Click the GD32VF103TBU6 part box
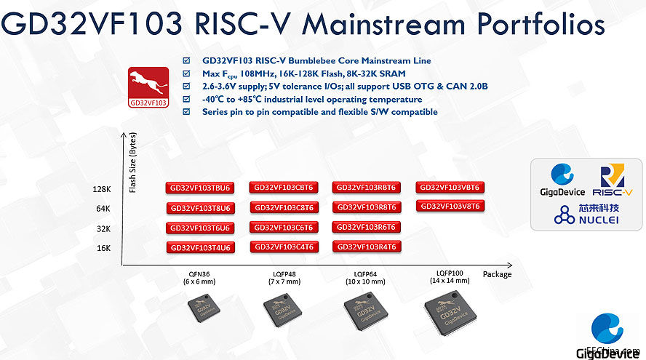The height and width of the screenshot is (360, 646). (199, 188)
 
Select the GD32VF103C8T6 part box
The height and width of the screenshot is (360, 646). (284, 207)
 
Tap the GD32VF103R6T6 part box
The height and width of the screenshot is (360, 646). (366, 227)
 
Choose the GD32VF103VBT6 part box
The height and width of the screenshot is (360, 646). (450, 187)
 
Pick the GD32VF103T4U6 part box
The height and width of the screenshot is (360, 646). (199, 247)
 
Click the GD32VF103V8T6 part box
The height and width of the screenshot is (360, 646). (450, 206)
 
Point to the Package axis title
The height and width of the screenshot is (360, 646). (497, 274)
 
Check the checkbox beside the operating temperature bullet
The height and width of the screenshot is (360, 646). (187, 100)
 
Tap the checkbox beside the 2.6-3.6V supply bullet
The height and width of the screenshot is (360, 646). (187, 87)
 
